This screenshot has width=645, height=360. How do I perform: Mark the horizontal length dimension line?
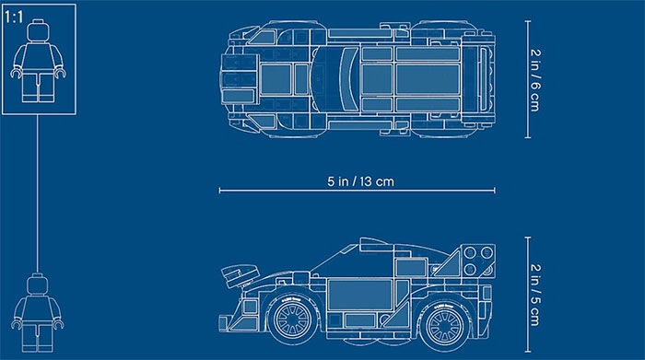pos(276,192)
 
